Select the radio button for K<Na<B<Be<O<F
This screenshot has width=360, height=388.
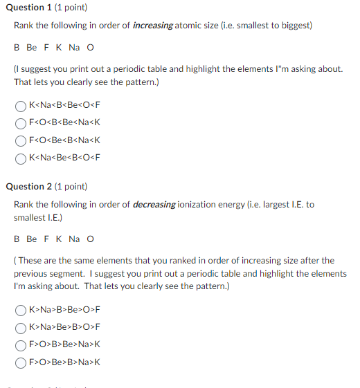tap(21, 107)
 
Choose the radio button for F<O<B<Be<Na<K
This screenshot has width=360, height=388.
tap(21, 124)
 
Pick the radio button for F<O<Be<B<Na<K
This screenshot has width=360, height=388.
tap(21, 140)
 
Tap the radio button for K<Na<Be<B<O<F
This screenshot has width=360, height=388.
tap(21, 157)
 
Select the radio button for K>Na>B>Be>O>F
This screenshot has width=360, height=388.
tap(21, 310)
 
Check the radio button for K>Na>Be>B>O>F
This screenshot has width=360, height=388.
tap(21, 326)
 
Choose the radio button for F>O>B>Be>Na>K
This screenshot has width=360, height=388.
tap(21, 344)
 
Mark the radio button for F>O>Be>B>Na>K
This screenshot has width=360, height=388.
tap(21, 360)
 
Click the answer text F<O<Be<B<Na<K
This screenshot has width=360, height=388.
tap(64, 140)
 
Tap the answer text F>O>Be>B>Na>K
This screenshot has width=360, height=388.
tap(64, 360)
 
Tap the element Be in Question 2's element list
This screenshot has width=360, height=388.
tap(32, 239)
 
